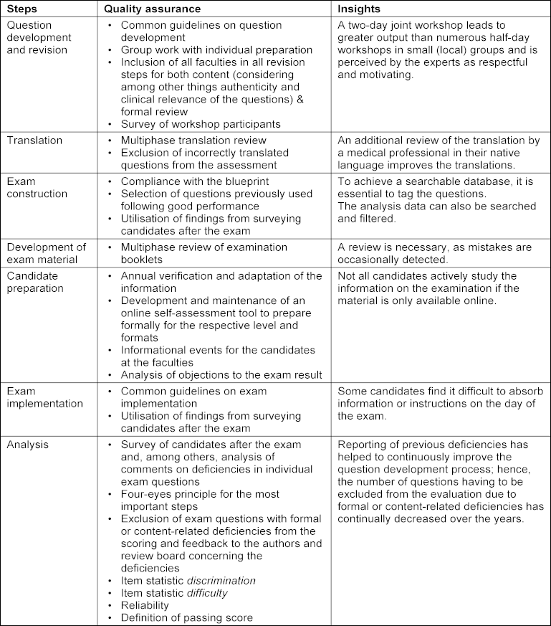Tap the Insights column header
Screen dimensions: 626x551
point(361,8)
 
